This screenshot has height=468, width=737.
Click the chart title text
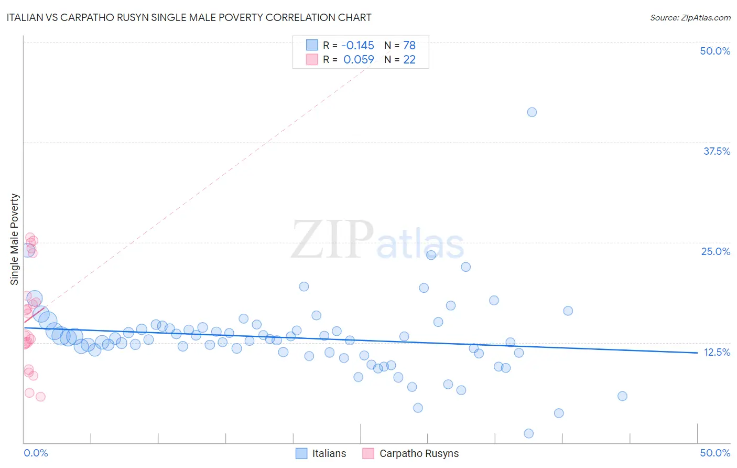189,17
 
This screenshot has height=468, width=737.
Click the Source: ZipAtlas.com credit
690,18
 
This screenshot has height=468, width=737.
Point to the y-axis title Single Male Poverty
15,239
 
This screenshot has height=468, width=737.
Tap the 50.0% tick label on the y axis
715,51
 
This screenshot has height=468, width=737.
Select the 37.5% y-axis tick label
717,151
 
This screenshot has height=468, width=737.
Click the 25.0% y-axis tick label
716,251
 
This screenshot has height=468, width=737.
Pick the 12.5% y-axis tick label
717,352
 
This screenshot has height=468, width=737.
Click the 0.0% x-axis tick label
36,453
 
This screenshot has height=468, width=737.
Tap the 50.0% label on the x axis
715,453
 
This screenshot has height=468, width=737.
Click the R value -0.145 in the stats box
358,45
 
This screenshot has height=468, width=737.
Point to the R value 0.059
359,59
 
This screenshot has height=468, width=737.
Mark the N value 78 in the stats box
409,45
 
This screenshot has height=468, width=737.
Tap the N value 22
409,59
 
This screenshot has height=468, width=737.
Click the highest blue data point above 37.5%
532,112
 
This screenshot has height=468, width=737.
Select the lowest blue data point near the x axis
529,433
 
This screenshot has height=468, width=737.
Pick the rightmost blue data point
622,396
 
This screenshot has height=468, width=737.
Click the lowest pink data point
40,397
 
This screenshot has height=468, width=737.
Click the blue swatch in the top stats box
312,45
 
